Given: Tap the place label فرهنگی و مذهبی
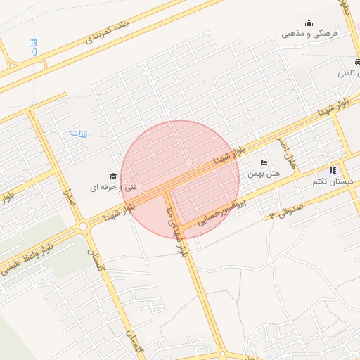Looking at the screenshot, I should pos(310,33).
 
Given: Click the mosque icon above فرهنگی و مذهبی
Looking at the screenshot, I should pos(309,22).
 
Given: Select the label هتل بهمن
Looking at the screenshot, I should pos(264,173).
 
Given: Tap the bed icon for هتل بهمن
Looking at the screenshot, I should pos(264,163).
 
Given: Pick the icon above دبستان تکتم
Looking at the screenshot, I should pos(333,170).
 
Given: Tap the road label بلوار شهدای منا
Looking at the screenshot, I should pos(176,231).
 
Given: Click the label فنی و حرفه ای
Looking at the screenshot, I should pos(112,187).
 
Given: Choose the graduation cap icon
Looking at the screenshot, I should pos(112,176).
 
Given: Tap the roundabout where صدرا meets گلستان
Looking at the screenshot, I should pos(84,227).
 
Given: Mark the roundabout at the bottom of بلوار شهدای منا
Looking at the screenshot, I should pos(221,355).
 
